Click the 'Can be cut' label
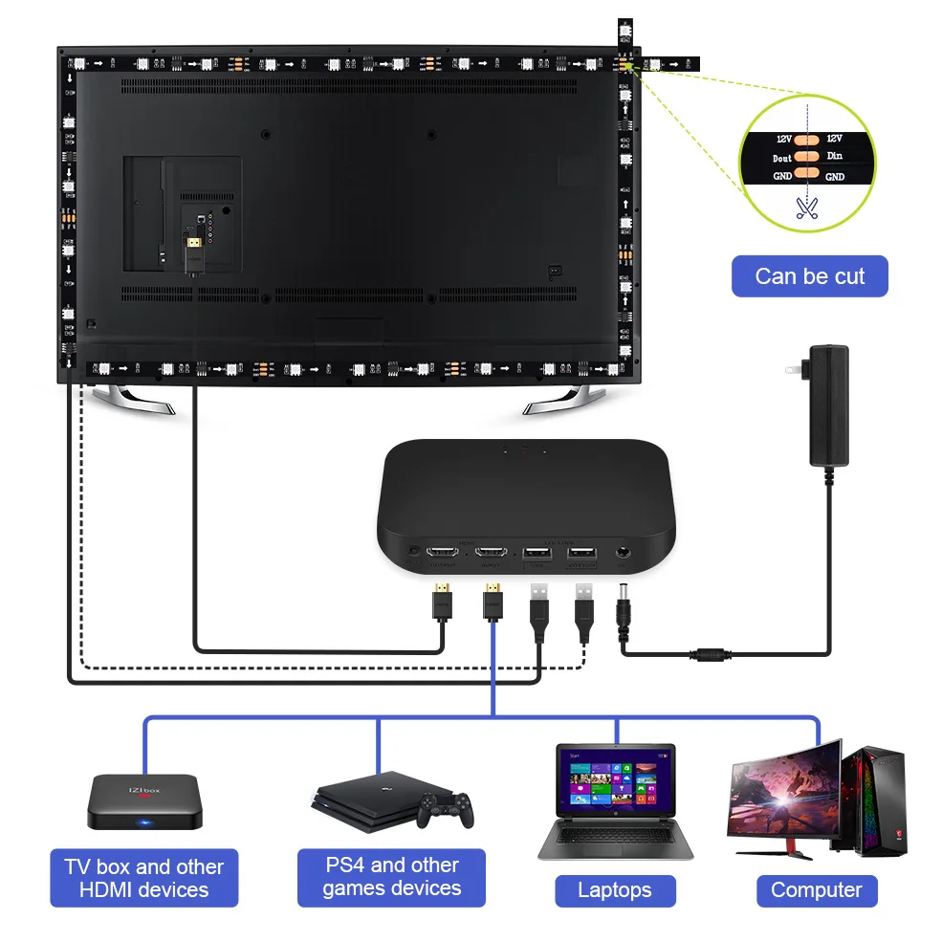[809, 276]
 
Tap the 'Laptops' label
[615, 890]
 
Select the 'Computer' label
[816, 890]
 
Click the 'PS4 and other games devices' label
[391, 877]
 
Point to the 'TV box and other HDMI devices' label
[143, 878]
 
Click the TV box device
[145, 801]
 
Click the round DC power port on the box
[624, 553]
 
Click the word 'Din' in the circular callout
[834, 156]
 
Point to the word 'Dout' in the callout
[782, 158]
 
